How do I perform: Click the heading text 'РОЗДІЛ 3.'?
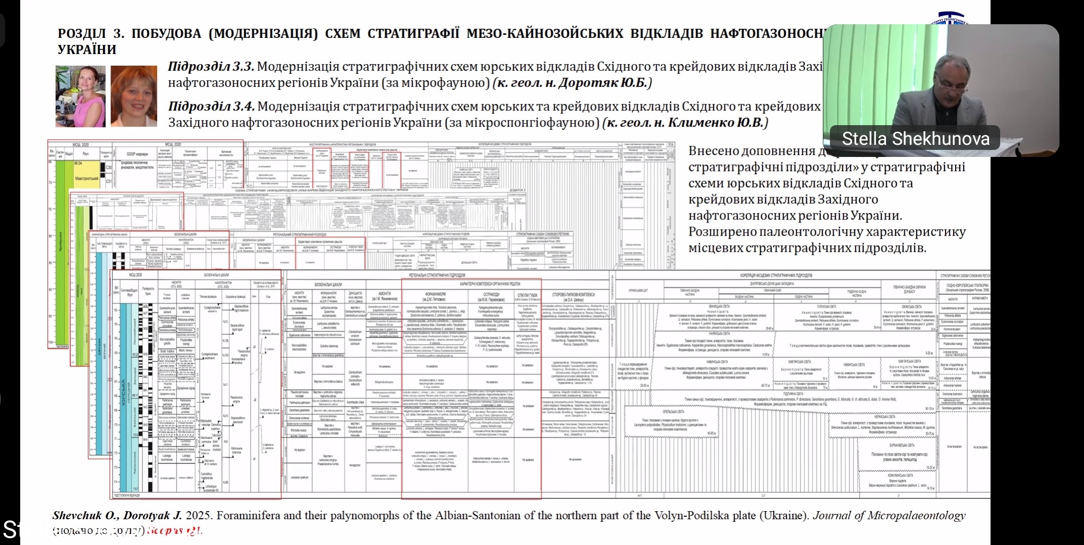click(x=91, y=34)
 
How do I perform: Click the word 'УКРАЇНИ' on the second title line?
click(x=87, y=50)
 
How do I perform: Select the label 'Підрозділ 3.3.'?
click(x=211, y=67)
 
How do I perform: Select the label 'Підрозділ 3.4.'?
click(x=211, y=106)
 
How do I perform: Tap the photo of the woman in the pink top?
click(x=81, y=96)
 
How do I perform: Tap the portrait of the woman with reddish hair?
click(x=134, y=96)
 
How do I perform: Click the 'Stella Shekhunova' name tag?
click(x=915, y=138)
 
